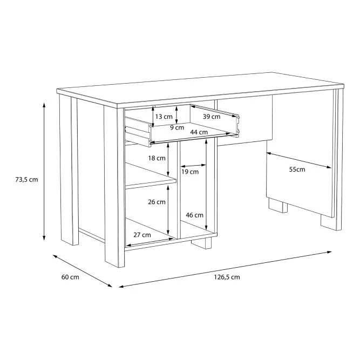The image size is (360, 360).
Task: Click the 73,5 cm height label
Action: coord(26,180)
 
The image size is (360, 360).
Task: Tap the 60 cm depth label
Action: coord(70,277)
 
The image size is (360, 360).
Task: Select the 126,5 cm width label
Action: coord(227,277)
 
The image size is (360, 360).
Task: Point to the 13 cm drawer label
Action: coord(164,117)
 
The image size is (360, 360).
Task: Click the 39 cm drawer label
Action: coord(212,117)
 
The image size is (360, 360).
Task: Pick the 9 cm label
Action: coord(177,127)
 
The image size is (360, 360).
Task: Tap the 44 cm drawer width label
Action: coord(199,132)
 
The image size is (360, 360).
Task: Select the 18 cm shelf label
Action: coord(157,158)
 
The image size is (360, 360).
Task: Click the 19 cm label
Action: coord(190,172)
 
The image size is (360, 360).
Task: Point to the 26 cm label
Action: coord(157,202)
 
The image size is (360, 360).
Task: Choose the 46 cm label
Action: coord(194,215)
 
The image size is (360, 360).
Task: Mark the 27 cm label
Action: coord(142,235)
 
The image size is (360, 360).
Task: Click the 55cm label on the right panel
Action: coord(297,169)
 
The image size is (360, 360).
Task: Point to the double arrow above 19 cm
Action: coord(193,165)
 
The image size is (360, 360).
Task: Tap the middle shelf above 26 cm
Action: coord(151,176)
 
